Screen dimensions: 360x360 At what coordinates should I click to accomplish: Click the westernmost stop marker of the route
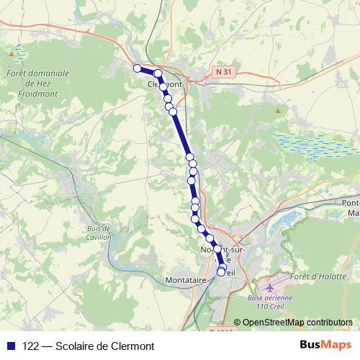137,68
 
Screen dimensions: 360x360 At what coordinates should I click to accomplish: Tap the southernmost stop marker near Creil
221,272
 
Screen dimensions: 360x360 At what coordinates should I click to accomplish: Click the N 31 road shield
224,72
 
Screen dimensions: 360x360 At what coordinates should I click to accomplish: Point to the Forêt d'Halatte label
316,276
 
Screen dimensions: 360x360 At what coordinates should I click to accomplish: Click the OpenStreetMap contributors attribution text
297,323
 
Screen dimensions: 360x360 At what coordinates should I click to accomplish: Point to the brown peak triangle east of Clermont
278,110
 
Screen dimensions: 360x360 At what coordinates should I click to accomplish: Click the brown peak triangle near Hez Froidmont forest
12,53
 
